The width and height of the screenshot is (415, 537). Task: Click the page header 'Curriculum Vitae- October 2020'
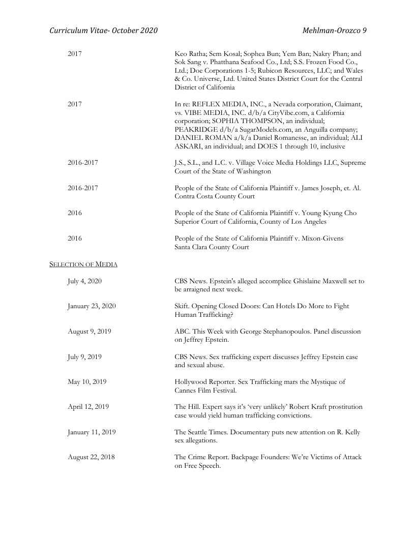[104, 31]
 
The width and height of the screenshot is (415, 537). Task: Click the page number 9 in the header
[365, 31]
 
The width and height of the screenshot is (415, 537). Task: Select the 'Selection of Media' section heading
[83, 264]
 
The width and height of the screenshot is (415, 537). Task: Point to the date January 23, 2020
[92, 306]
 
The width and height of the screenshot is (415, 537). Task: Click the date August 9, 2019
[90, 332]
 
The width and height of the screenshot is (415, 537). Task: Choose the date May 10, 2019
[87, 382]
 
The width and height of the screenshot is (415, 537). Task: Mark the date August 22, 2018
[91, 457]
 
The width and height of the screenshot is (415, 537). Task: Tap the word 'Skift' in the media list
[183, 306]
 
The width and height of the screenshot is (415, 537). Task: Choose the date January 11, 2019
[92, 432]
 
